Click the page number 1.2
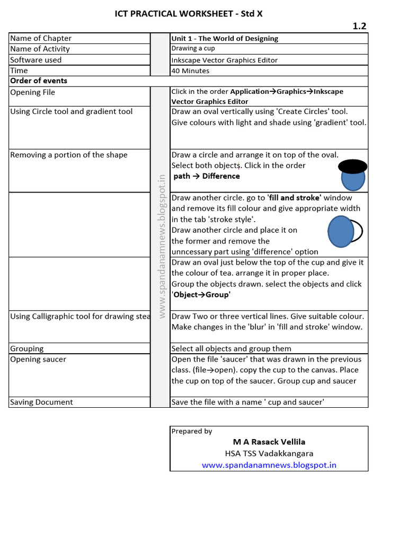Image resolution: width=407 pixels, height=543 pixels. pyautogui.click(x=359, y=26)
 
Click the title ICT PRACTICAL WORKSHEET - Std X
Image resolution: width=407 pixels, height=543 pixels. pyautogui.click(x=189, y=14)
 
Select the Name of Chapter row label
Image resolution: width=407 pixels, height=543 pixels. pyautogui.click(x=41, y=38)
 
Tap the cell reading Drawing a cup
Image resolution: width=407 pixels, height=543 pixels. pyautogui.click(x=193, y=48)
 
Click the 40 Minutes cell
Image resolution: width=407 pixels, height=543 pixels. pyautogui.click(x=190, y=71)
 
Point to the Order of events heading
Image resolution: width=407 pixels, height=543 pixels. pyautogui.click(x=39, y=81)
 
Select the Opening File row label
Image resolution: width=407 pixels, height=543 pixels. pyautogui.click(x=33, y=92)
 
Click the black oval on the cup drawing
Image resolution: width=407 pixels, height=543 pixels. pyautogui.click(x=352, y=167)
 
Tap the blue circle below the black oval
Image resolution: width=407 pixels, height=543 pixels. pyautogui.click(x=353, y=180)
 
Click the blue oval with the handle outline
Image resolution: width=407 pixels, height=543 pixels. pyautogui.click(x=341, y=231)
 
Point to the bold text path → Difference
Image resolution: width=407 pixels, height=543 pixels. pyautogui.click(x=207, y=176)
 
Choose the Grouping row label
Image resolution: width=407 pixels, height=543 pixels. pyautogui.click(x=27, y=348)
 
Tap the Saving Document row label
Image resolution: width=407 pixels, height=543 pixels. pyautogui.click(x=41, y=402)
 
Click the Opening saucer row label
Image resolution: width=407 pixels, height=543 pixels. pyautogui.click(x=38, y=359)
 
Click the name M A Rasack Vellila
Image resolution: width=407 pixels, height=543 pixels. pyautogui.click(x=269, y=442)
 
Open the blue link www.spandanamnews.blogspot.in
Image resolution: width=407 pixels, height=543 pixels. pyautogui.click(x=269, y=465)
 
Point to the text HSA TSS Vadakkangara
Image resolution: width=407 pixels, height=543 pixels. pyautogui.click(x=269, y=453)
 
